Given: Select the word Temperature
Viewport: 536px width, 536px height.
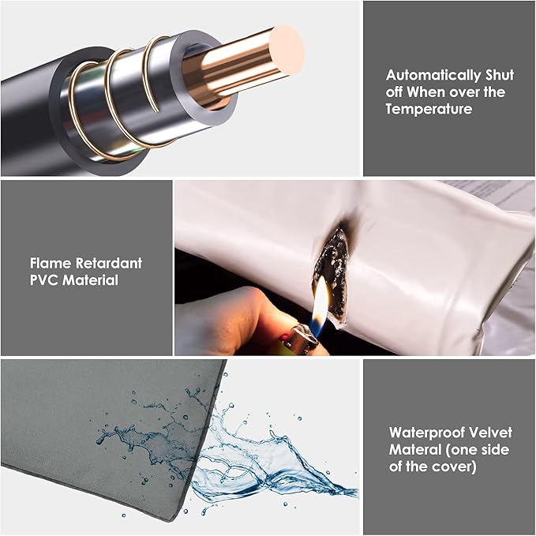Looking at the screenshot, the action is pos(429,109).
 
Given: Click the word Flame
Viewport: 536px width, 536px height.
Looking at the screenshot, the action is pos(51,263).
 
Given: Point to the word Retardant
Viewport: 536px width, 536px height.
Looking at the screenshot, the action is pos(109,263).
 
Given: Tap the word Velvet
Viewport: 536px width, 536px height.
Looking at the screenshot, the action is pos(490,433).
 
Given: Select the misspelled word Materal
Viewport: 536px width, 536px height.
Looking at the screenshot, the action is pos(415,449).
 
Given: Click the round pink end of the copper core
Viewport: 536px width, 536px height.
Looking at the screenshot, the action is pos(290,51).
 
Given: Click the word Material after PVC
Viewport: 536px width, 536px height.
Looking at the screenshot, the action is pos(90,280).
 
